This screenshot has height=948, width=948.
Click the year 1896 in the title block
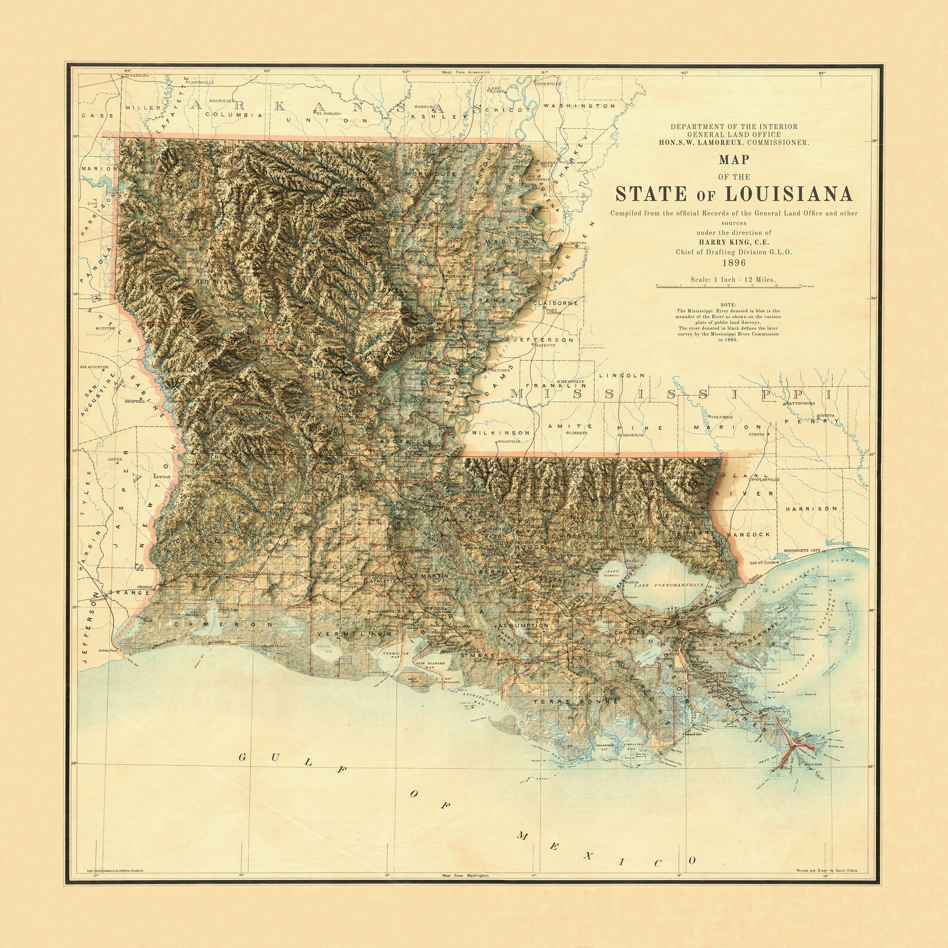coord(733,263)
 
